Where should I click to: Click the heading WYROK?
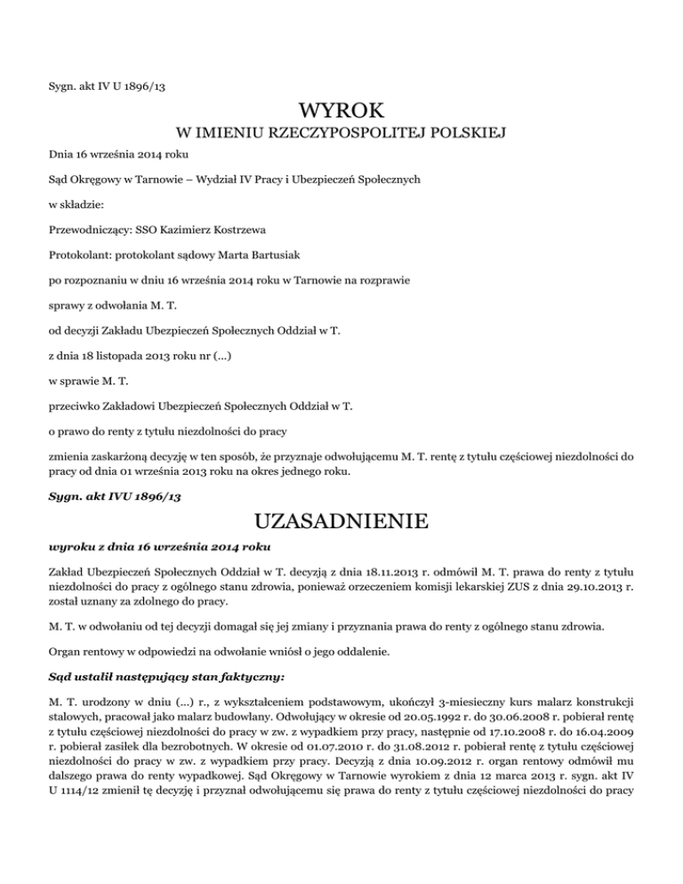tap(341, 111)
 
